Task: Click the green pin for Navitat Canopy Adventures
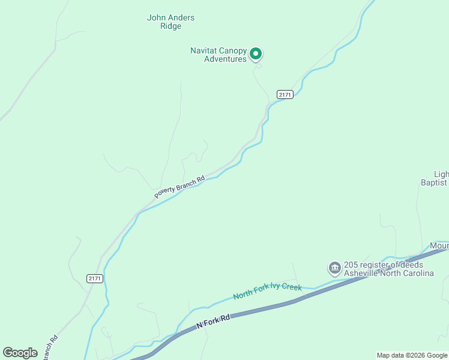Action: pos(255,54)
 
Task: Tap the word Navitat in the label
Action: pos(204,50)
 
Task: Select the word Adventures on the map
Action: pos(225,59)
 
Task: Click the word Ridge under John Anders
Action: pos(171,26)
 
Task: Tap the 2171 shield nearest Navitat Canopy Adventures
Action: pos(285,95)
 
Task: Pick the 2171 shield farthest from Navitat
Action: pos(94,278)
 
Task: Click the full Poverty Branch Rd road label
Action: pos(179,187)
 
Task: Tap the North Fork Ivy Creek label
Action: pos(267,291)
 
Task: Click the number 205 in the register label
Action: pos(351,265)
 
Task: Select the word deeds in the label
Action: pos(412,265)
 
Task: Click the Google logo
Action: pos(20,353)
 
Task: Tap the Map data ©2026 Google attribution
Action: pos(412,355)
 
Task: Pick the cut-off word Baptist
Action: pos(434,182)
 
